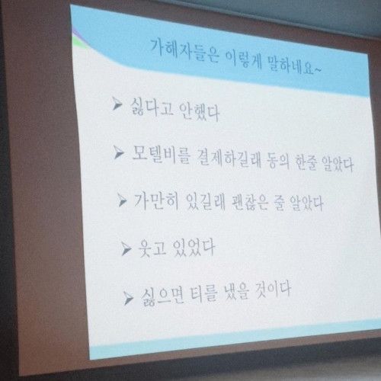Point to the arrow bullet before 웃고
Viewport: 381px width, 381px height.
(126, 247)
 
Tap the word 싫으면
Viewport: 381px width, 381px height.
(160, 293)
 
